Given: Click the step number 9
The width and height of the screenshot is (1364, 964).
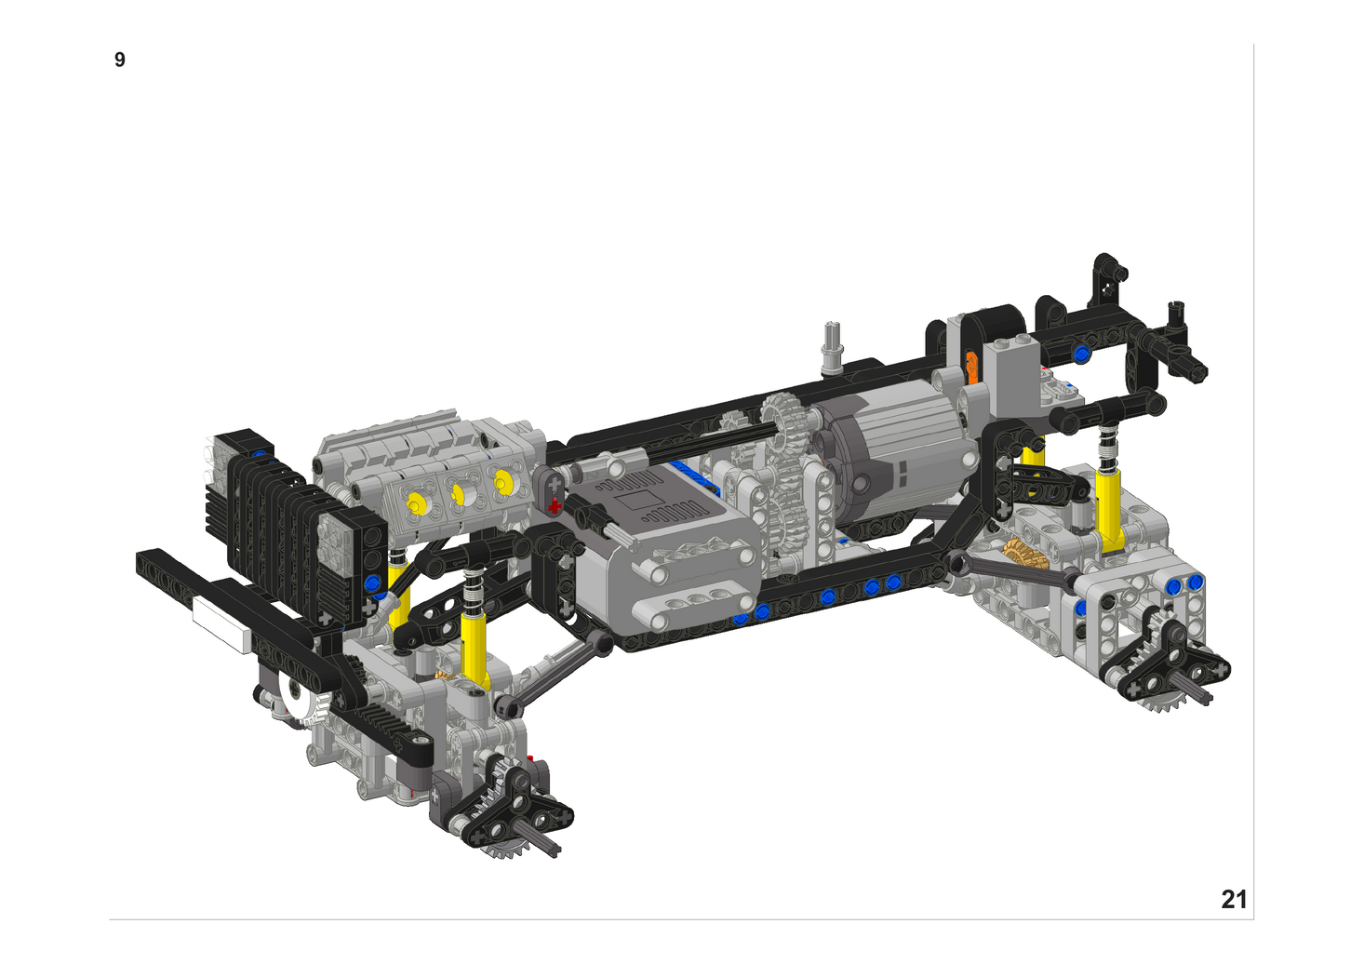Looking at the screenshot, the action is pyautogui.click(x=120, y=60).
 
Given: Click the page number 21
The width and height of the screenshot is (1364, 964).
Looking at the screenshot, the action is pyautogui.click(x=1234, y=900).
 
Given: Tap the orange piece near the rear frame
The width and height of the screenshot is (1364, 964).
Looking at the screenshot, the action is pyautogui.click(x=972, y=368).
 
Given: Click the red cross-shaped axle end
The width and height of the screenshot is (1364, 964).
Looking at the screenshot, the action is pyautogui.click(x=555, y=505).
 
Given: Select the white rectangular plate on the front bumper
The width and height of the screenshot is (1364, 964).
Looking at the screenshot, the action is pyautogui.click(x=222, y=624).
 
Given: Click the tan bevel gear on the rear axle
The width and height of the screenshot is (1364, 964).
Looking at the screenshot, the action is pyautogui.click(x=1024, y=554).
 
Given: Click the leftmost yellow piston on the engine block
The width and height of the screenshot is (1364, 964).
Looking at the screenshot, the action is pyautogui.click(x=416, y=503).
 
